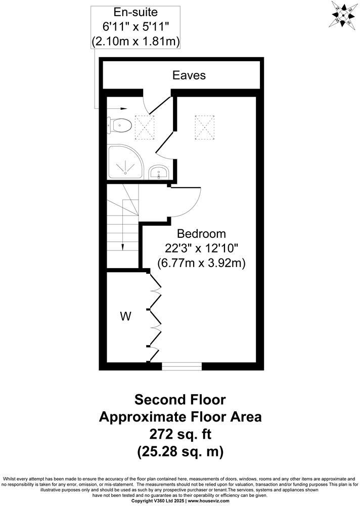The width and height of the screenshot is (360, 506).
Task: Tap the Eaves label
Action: click(x=189, y=75)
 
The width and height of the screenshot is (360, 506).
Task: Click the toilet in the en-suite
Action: click(x=120, y=124)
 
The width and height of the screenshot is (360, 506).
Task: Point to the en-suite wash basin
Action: click(x=160, y=173)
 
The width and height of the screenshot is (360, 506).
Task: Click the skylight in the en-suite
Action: click(x=145, y=126)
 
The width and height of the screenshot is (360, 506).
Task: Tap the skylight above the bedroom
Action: click(x=205, y=126)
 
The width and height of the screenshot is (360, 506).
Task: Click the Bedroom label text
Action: click(x=201, y=234)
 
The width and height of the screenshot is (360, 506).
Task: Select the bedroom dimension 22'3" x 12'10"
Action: click(x=201, y=248)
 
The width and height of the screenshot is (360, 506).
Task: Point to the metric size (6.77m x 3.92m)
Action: click(x=201, y=263)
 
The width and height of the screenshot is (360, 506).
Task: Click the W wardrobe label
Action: click(x=125, y=317)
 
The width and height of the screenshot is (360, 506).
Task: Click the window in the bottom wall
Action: click(x=181, y=366)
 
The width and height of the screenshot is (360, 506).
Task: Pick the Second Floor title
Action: click(x=180, y=400)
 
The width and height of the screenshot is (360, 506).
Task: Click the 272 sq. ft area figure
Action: click(x=180, y=434)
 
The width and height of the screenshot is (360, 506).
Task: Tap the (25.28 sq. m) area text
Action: click(x=180, y=451)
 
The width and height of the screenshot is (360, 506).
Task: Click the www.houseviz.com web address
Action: click(x=208, y=500)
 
